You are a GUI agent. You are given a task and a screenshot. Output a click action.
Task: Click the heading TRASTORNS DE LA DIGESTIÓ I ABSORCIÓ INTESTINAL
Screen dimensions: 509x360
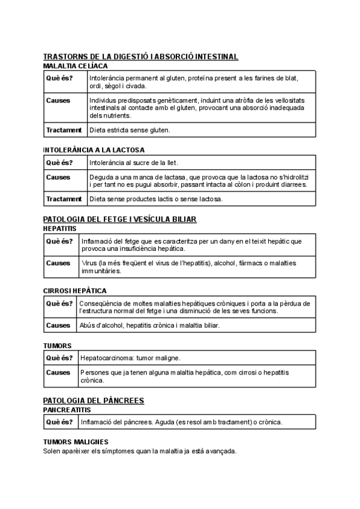[x=141, y=56]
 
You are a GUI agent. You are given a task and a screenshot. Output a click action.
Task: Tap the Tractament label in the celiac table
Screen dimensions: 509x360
[x=64, y=130]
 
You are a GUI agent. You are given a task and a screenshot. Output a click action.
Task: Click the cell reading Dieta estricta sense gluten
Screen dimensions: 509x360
[x=130, y=130]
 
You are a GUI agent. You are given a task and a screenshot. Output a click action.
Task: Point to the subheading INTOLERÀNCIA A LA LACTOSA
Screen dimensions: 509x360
[x=94, y=149]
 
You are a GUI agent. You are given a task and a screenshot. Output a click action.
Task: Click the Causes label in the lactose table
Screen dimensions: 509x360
[x=58, y=178]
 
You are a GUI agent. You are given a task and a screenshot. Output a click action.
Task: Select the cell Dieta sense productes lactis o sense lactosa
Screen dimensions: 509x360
[x=155, y=199]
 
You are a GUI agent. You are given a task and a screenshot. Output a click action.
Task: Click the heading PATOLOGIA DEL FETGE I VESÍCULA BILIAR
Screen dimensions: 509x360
[x=120, y=219]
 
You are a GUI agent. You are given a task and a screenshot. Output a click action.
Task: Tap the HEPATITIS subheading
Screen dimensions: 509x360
[x=60, y=229]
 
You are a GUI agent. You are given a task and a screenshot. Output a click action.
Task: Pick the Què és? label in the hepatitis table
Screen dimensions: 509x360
[x=59, y=241]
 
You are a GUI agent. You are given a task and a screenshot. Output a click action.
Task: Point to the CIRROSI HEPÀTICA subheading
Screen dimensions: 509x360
[x=75, y=291]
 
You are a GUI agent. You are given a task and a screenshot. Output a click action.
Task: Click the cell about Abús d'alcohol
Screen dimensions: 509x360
[x=149, y=325]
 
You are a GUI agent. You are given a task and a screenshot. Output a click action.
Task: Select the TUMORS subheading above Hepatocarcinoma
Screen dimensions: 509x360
[x=58, y=346]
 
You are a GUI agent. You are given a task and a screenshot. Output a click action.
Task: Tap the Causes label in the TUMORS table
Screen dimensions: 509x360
[x=58, y=373]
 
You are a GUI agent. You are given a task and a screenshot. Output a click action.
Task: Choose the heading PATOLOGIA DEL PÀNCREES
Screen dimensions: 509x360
[x=94, y=400]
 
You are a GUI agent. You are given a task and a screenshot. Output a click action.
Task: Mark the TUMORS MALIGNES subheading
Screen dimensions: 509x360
[x=76, y=442]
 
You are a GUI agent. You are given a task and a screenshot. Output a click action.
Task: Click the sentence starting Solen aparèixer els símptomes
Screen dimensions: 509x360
[x=140, y=451]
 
